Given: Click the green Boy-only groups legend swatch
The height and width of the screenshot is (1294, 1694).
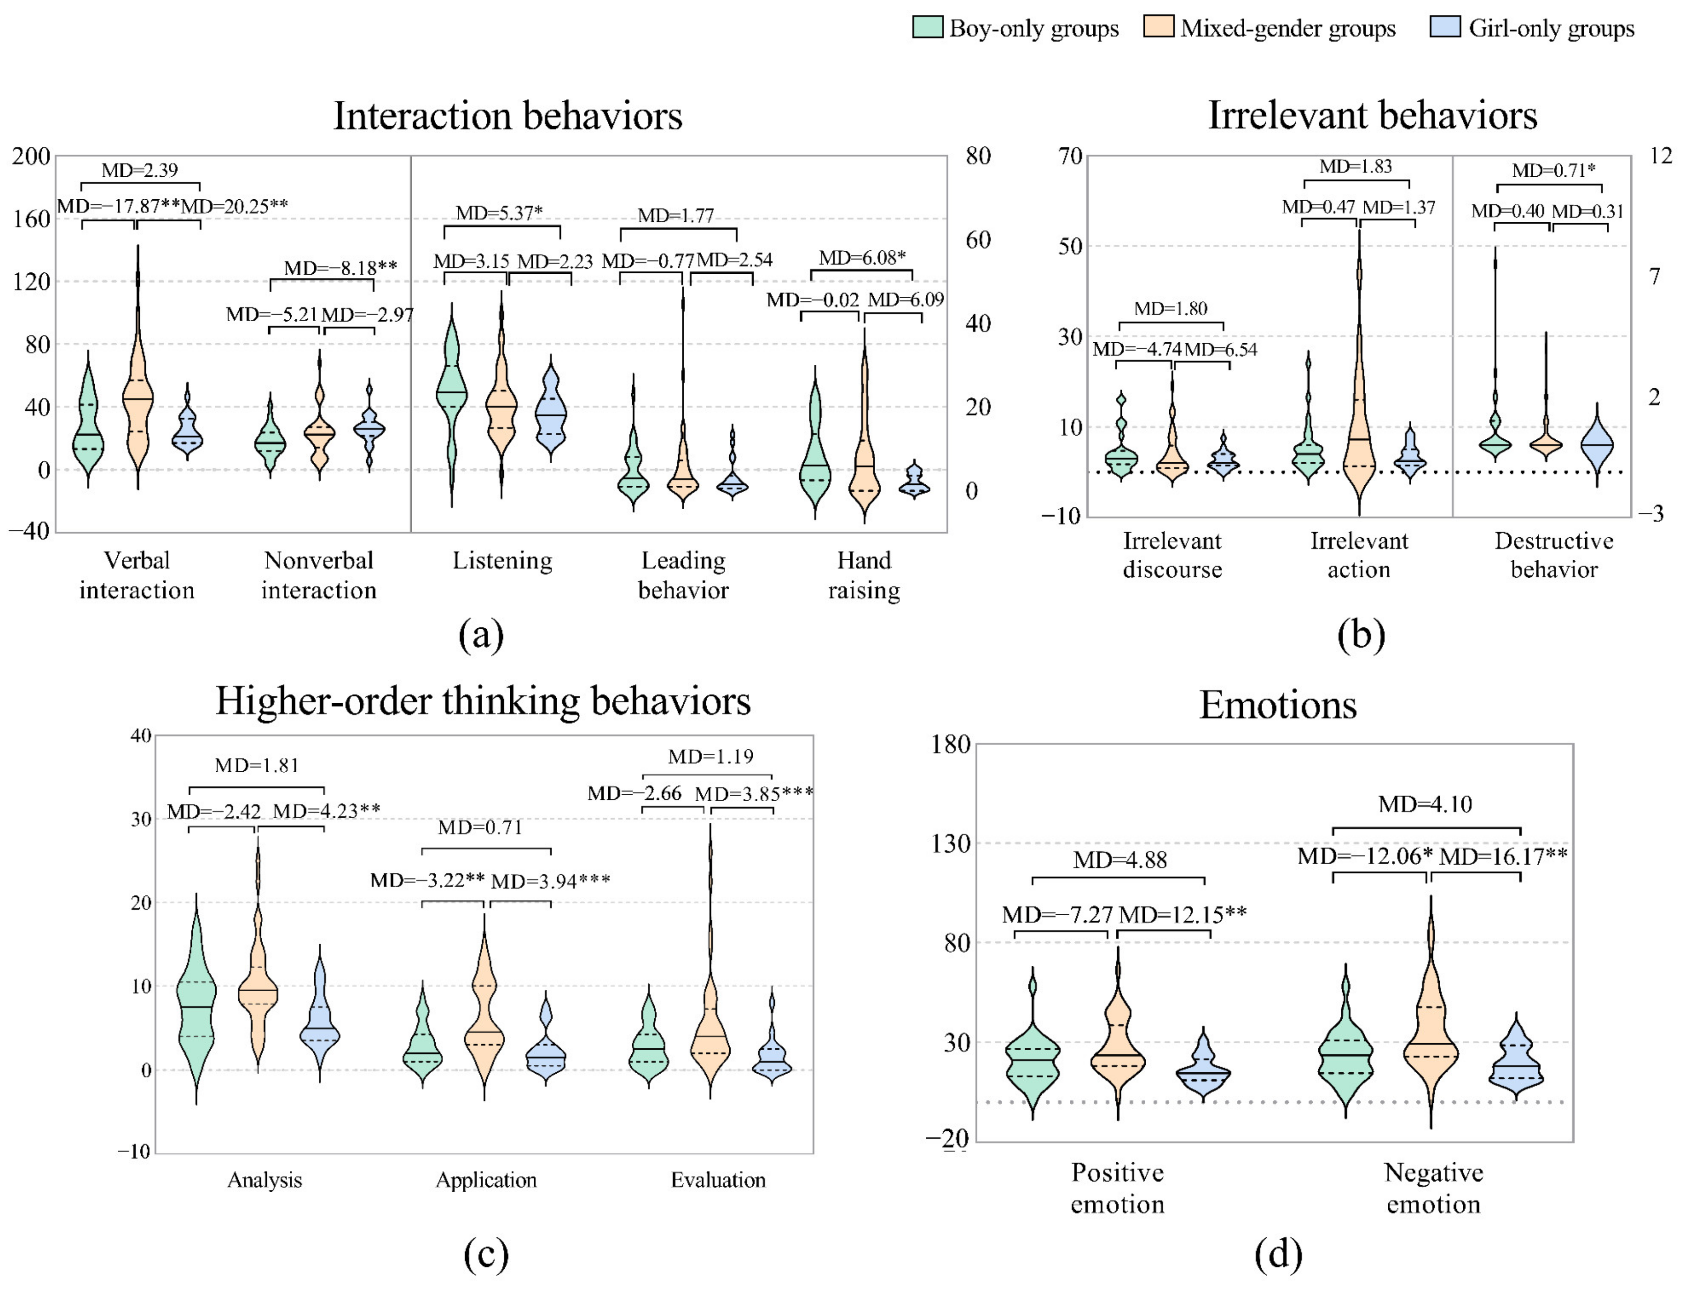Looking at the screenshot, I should coord(928,27).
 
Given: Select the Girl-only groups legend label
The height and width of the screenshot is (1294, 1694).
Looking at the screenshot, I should coord(1550,29).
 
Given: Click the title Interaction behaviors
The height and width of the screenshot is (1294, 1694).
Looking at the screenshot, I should coord(507,116).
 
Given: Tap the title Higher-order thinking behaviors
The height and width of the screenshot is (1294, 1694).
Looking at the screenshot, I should coord(483,701).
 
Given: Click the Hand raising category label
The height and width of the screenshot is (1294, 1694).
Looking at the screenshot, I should coord(863,575).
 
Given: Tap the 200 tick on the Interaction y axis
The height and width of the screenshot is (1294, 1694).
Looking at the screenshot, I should coord(31,157).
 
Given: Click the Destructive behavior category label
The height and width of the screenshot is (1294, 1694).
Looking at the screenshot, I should coord(1554,555).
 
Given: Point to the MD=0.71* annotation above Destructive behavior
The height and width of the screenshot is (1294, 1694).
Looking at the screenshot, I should coord(1553,170).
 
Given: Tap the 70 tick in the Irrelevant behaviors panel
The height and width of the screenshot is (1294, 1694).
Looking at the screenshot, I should coord(1070,157).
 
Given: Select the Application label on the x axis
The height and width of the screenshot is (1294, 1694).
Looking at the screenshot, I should coord(486,1180).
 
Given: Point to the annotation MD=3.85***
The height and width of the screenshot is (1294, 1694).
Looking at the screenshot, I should coord(753,793).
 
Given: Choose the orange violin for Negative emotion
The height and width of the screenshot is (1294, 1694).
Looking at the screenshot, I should coord(1430,1032).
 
